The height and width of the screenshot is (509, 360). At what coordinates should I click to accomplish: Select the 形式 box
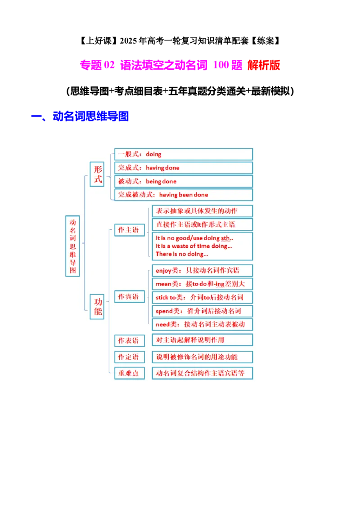click(x=97, y=174)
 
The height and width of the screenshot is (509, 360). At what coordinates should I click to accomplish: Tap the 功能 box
click(x=97, y=306)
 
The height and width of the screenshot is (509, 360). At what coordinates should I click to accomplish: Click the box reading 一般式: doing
click(x=184, y=154)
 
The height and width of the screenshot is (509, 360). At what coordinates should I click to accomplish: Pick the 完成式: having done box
click(x=184, y=168)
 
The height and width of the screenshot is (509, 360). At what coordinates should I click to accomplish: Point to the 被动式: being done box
click(x=184, y=181)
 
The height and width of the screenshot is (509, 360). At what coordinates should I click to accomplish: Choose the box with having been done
click(x=184, y=195)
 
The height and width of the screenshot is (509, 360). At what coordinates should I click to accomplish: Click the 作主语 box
click(x=129, y=230)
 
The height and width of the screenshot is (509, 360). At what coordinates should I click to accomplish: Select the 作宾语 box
click(x=129, y=297)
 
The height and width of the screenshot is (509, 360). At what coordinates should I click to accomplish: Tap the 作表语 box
click(x=129, y=340)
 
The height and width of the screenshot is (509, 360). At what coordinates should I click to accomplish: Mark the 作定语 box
click(x=129, y=357)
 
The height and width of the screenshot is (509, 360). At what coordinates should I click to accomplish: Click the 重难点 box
click(x=129, y=373)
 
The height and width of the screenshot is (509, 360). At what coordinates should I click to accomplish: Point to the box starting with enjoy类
click(x=202, y=270)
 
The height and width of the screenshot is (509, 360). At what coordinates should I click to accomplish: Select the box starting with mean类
click(x=202, y=284)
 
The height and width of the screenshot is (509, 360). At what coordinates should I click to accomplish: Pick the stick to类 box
click(x=202, y=297)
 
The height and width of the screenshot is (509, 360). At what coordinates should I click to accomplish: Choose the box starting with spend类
click(x=202, y=311)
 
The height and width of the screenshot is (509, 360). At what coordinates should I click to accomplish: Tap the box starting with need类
click(x=202, y=324)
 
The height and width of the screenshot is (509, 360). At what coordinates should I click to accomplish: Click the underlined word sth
click(x=226, y=238)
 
